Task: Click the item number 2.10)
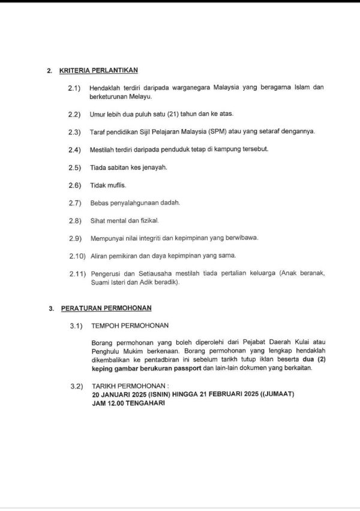pos(76,256)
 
